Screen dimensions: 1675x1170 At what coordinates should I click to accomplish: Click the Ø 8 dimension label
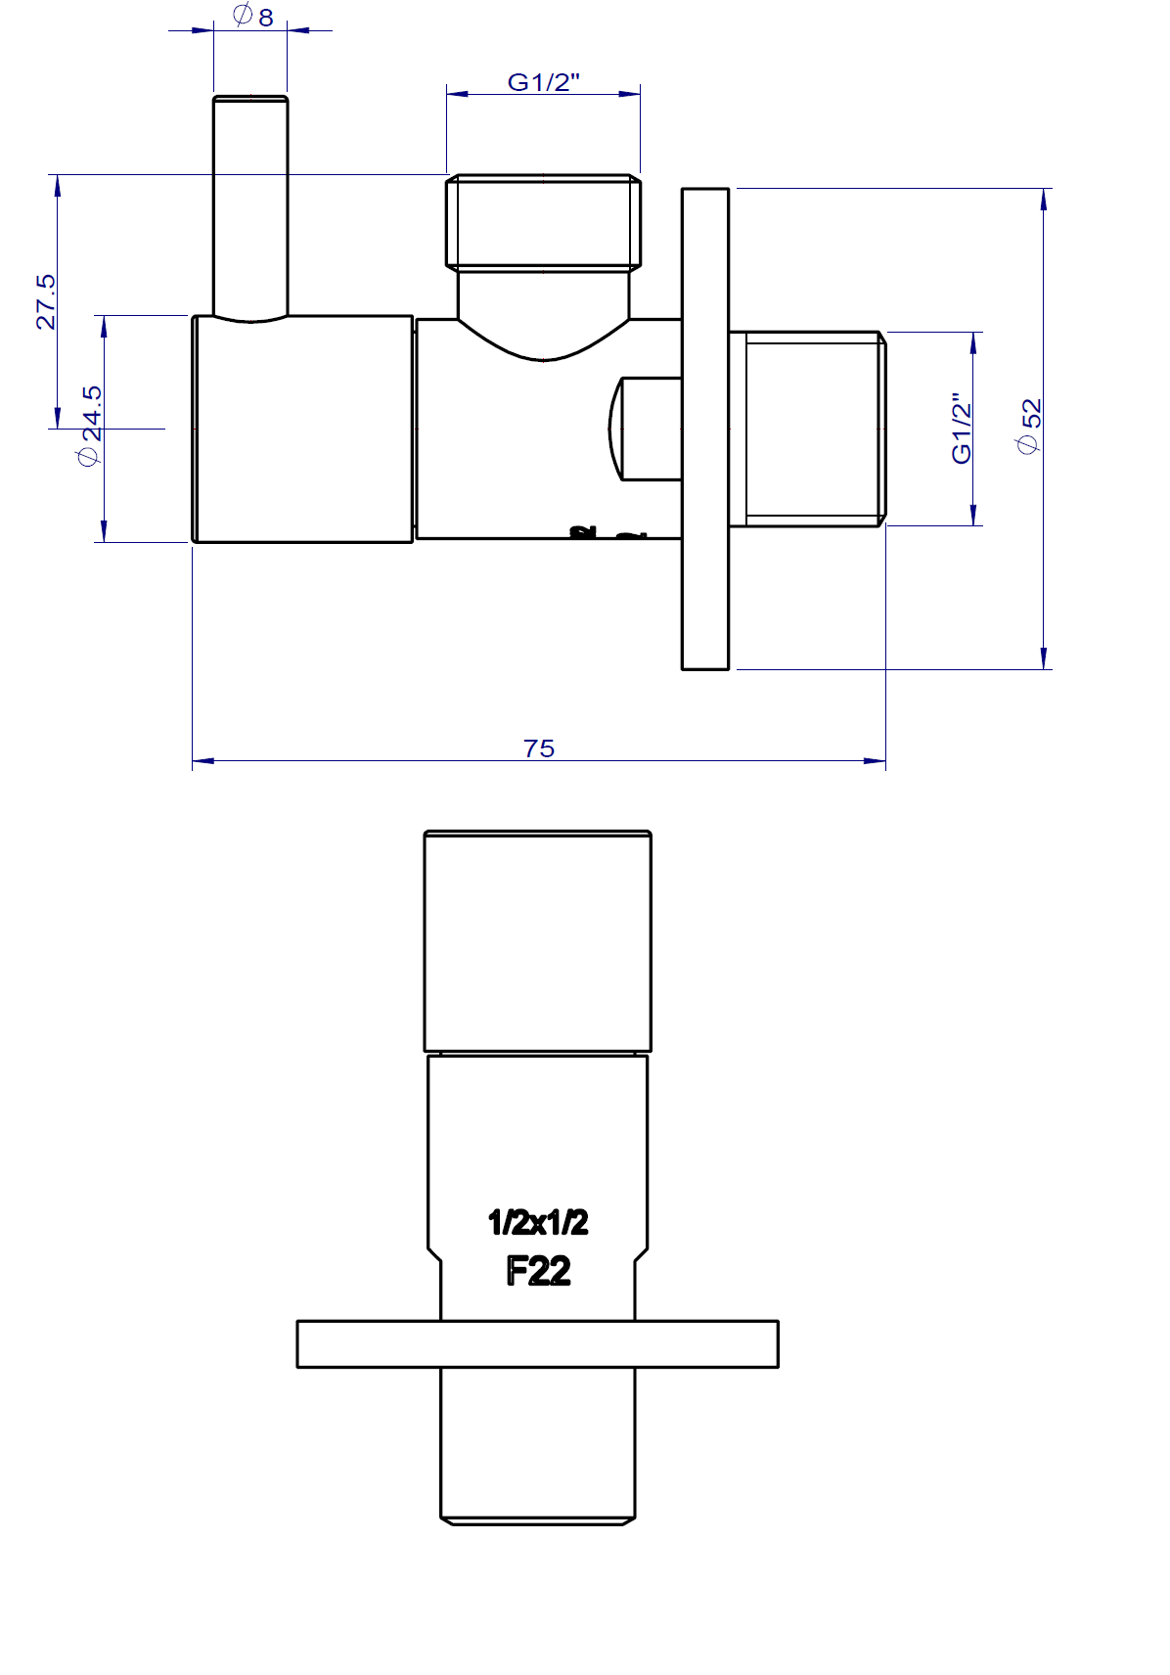click(x=253, y=16)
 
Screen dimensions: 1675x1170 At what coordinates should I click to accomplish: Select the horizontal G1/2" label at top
click(x=543, y=82)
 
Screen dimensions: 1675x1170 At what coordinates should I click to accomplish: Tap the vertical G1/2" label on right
click(x=963, y=429)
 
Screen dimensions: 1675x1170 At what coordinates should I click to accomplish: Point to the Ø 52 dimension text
click(x=1030, y=426)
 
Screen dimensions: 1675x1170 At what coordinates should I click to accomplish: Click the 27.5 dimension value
click(x=46, y=301)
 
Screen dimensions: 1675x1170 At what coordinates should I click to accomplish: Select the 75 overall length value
click(x=539, y=748)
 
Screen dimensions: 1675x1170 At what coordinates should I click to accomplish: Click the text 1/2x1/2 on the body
click(x=538, y=1222)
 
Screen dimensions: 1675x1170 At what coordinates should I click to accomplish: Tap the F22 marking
click(x=538, y=1271)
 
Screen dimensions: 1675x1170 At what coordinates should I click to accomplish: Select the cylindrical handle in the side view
click(x=302, y=429)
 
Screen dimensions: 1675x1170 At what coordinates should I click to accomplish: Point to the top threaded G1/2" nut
click(x=544, y=222)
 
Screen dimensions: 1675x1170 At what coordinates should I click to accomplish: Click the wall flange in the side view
click(x=705, y=429)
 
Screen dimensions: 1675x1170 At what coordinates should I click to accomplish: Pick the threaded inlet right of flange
click(x=812, y=429)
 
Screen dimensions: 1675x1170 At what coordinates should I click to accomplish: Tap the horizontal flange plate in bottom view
click(x=537, y=1343)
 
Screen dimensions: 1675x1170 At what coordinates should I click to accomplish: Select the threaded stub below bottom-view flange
click(x=538, y=1443)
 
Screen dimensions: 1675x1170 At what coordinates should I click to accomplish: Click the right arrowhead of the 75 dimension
click(x=877, y=760)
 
